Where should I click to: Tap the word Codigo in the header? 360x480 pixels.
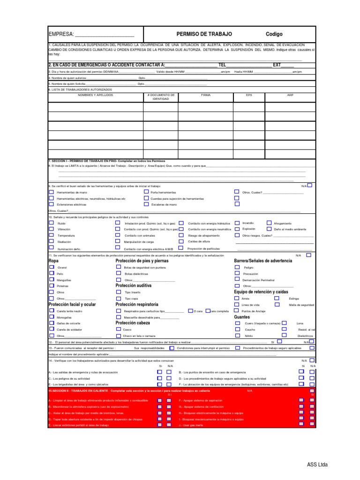[x=274, y=34]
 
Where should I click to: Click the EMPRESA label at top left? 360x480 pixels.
[x=61, y=35]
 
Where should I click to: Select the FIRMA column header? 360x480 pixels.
[x=206, y=95]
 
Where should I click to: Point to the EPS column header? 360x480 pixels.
[x=249, y=95]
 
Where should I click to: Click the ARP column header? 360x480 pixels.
[x=290, y=95]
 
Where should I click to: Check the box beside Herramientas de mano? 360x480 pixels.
[x=51, y=192]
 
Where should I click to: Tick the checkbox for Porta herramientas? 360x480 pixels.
[x=146, y=192]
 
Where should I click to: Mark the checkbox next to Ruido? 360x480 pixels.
[x=51, y=223]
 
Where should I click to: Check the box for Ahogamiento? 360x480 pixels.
[x=269, y=223]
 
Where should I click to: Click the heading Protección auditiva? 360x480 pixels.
[x=134, y=285]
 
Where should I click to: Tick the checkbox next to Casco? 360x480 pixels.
[x=118, y=329]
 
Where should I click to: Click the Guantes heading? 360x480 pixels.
[x=242, y=317]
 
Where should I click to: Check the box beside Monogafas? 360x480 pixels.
[x=51, y=317]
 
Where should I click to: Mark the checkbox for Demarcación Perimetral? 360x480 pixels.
[x=237, y=279]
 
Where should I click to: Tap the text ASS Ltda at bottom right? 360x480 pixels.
[x=317, y=465]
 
